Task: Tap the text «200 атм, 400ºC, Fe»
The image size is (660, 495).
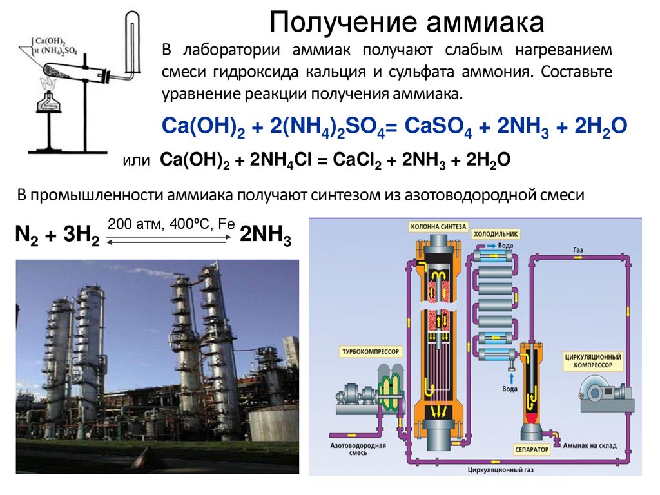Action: tap(171, 224)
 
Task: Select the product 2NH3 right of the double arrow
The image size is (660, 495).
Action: tap(266, 237)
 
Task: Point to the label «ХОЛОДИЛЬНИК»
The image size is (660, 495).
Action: tap(496, 234)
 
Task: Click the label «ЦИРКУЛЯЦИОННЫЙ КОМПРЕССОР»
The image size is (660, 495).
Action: tap(592, 360)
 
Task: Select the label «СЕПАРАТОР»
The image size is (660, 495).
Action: tap(532, 448)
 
